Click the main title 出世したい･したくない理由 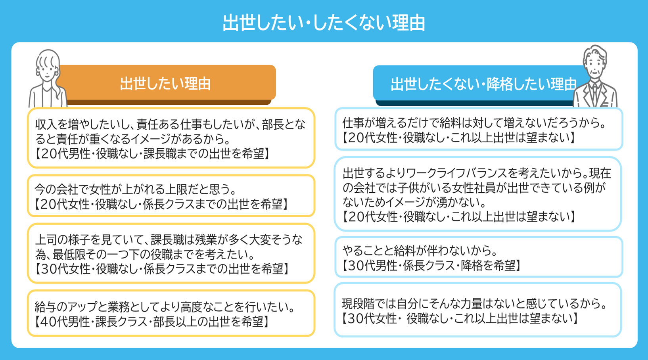[324, 23]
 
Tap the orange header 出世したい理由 [165, 84]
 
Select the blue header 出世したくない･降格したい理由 [483, 84]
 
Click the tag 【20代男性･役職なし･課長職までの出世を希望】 [152, 154]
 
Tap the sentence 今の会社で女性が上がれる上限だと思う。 [135, 189]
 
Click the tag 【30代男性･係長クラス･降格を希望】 [431, 265]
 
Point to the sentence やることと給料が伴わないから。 [420, 251]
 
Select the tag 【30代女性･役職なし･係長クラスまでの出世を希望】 [161, 269]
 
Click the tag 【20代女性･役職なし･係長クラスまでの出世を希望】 [161, 204]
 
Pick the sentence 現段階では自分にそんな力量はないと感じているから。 [475, 304]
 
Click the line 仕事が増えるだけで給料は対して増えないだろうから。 [475, 123]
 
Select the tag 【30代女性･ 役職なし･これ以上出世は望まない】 [460, 318]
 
